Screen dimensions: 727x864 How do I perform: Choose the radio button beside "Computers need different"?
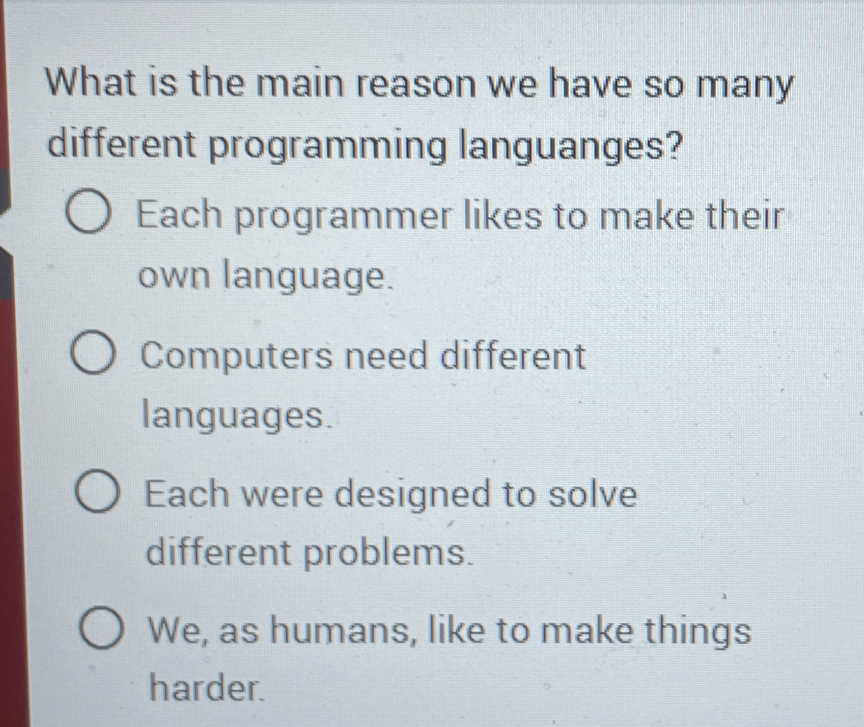point(94,353)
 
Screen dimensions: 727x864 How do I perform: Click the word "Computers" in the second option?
point(237,356)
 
